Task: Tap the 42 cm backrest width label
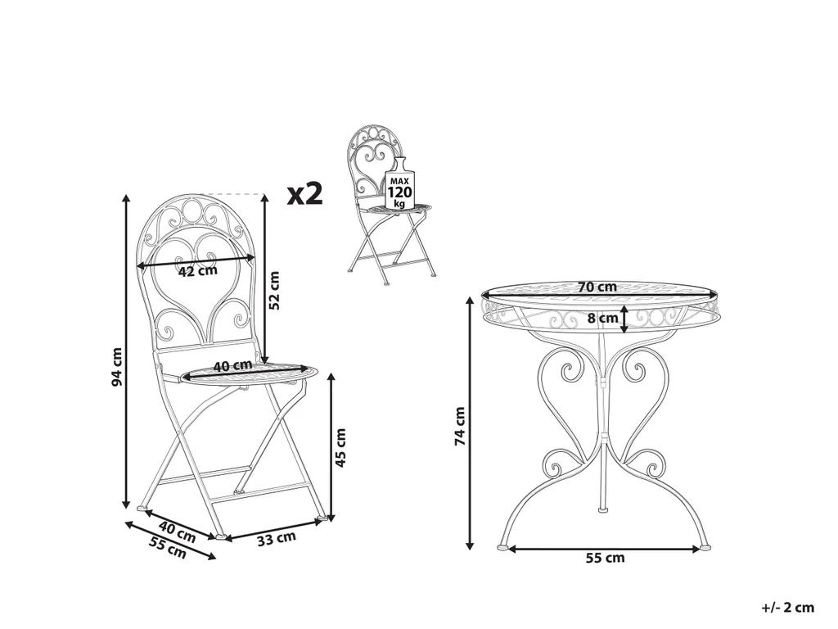pyautogui.click(x=198, y=270)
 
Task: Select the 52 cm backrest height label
pyautogui.click(x=274, y=291)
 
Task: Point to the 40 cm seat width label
pyautogui.click(x=232, y=366)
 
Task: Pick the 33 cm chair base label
pyautogui.click(x=277, y=539)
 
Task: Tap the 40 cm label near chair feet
pyautogui.click(x=178, y=532)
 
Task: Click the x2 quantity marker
pyautogui.click(x=305, y=193)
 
